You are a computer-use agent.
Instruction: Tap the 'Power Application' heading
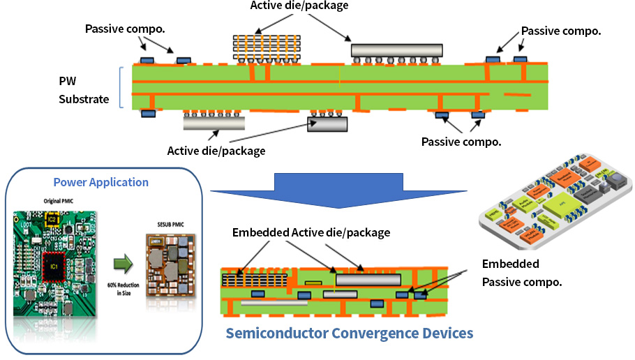(x=101, y=182)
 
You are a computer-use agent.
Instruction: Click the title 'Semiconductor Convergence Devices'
(x=350, y=333)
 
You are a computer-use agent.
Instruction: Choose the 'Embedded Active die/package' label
(x=311, y=232)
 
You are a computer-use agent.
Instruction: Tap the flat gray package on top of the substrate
(x=397, y=50)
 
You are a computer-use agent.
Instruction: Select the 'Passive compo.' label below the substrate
(x=461, y=142)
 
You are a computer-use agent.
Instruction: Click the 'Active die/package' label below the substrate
(x=216, y=150)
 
